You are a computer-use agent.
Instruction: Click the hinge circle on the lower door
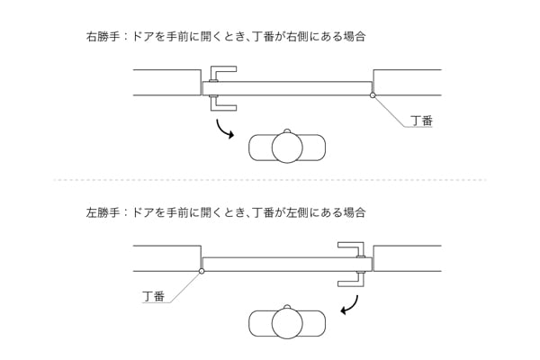(202, 266)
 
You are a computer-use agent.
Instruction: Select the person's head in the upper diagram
(287, 148)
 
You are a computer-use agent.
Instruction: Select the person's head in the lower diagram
(287, 324)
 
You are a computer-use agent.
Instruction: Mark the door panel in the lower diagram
(279, 264)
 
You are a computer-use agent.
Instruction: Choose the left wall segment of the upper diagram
(166, 82)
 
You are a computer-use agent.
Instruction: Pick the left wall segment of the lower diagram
(166, 258)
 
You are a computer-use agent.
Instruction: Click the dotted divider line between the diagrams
(270, 180)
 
